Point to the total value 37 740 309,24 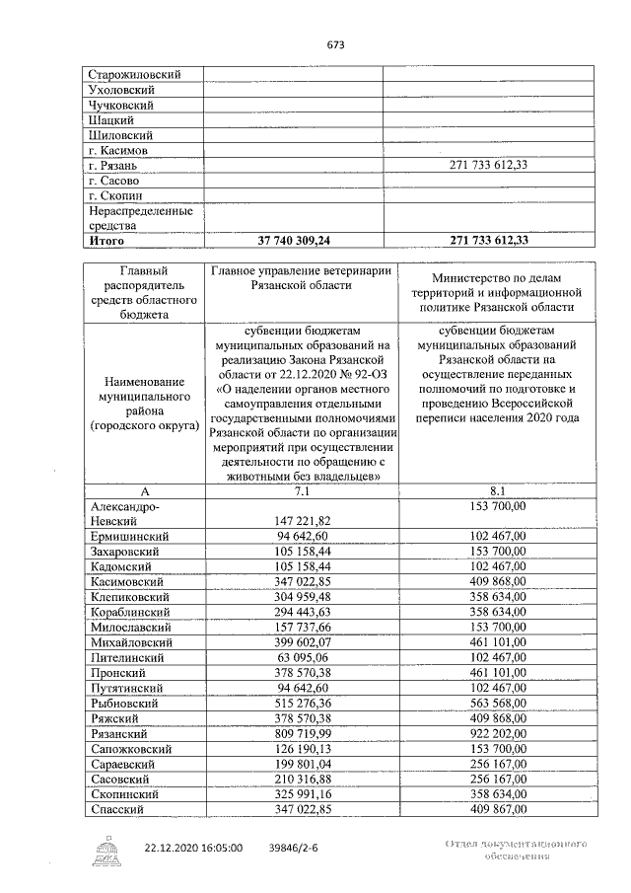(x=294, y=240)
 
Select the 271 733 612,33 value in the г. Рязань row (x=488, y=165)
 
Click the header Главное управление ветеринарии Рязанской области (x=301, y=277)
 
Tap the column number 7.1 (x=302, y=489)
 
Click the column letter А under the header (x=144, y=489)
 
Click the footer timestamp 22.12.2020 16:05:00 (x=193, y=848)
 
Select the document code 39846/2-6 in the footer (x=296, y=848)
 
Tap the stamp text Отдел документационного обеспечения (x=516, y=852)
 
